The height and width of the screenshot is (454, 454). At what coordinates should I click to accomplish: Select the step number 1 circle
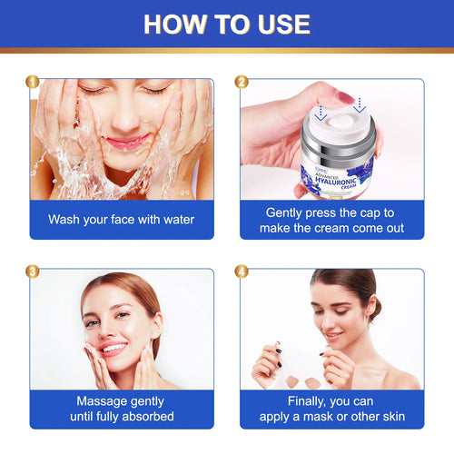(x=34, y=83)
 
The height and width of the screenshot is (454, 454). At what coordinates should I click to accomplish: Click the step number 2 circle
(x=242, y=83)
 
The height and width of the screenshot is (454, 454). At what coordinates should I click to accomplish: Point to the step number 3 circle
(x=34, y=271)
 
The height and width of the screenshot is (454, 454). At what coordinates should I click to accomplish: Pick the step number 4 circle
(x=242, y=271)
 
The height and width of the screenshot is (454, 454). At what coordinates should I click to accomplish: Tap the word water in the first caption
(x=173, y=219)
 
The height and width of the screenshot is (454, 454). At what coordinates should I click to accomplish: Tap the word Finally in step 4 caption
(x=287, y=400)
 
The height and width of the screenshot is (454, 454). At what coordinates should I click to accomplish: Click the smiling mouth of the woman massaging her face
(x=113, y=348)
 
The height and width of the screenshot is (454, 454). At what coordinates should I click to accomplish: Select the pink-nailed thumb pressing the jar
(x=348, y=98)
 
